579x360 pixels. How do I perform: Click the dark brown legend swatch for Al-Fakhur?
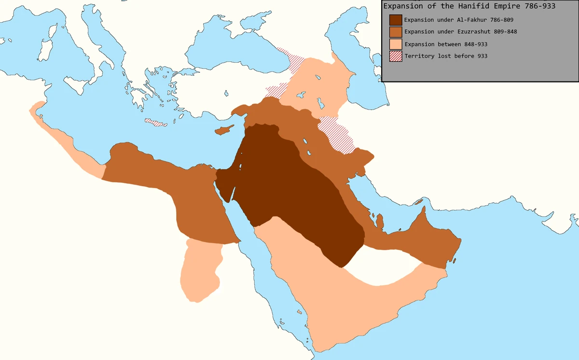click(x=396, y=20)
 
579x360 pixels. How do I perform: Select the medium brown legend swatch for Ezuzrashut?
click(x=396, y=32)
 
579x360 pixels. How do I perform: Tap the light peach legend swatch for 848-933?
click(x=396, y=44)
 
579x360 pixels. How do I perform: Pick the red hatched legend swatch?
click(x=396, y=56)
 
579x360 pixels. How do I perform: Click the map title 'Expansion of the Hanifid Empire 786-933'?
click(x=469, y=6)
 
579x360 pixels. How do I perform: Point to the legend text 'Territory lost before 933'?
click(x=446, y=56)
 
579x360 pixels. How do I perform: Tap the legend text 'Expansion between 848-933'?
click(x=446, y=44)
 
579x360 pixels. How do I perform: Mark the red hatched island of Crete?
click(x=155, y=123)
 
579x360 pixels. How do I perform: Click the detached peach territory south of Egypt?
click(x=199, y=270)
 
